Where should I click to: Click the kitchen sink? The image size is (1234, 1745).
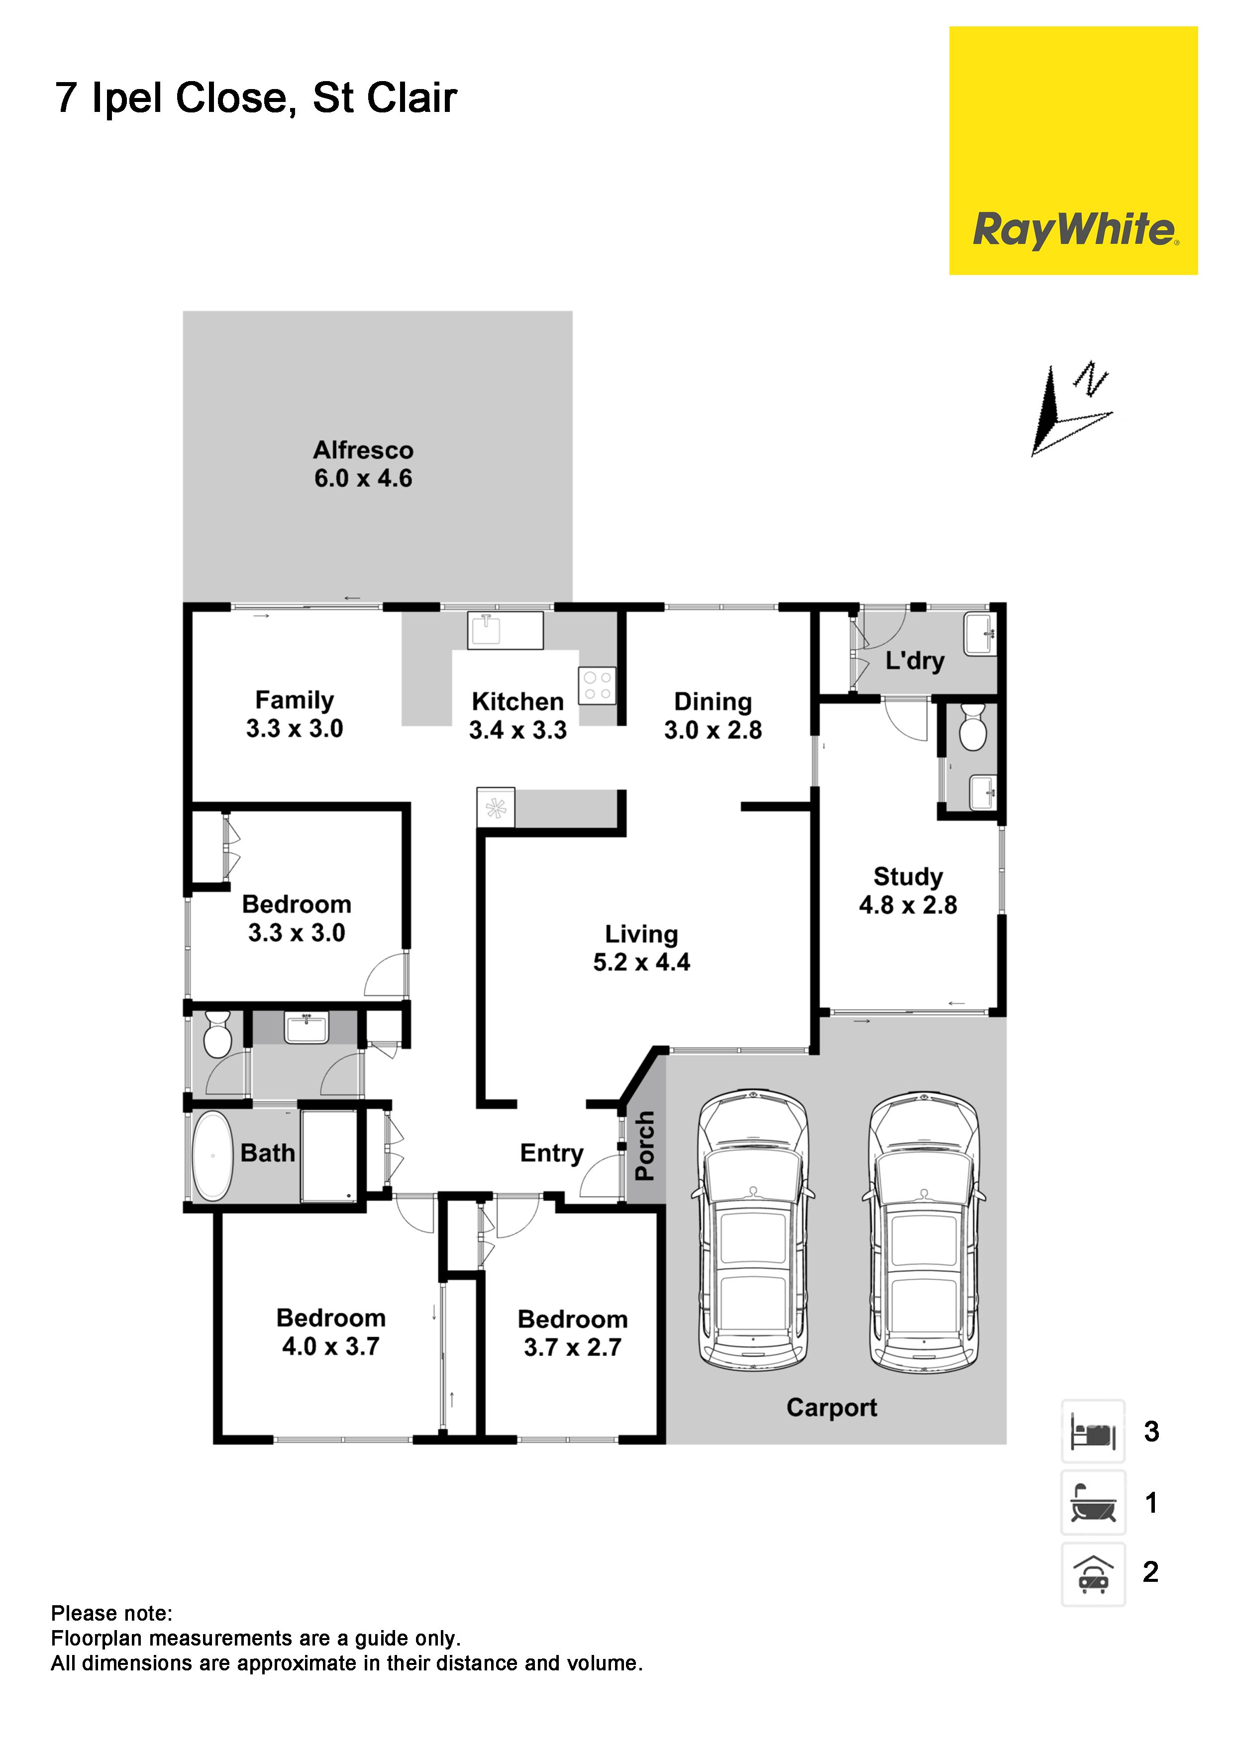(x=506, y=631)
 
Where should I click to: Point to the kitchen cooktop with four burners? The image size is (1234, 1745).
(x=598, y=685)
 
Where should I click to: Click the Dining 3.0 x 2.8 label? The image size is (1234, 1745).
(x=713, y=716)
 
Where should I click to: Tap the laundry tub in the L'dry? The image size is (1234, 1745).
(x=981, y=633)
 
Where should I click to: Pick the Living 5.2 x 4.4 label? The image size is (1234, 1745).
(x=642, y=948)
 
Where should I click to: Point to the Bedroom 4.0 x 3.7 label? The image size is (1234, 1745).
(x=331, y=1332)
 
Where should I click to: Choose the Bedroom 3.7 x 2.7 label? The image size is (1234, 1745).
(x=573, y=1333)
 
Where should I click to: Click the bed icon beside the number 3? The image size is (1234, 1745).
(x=1093, y=1432)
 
